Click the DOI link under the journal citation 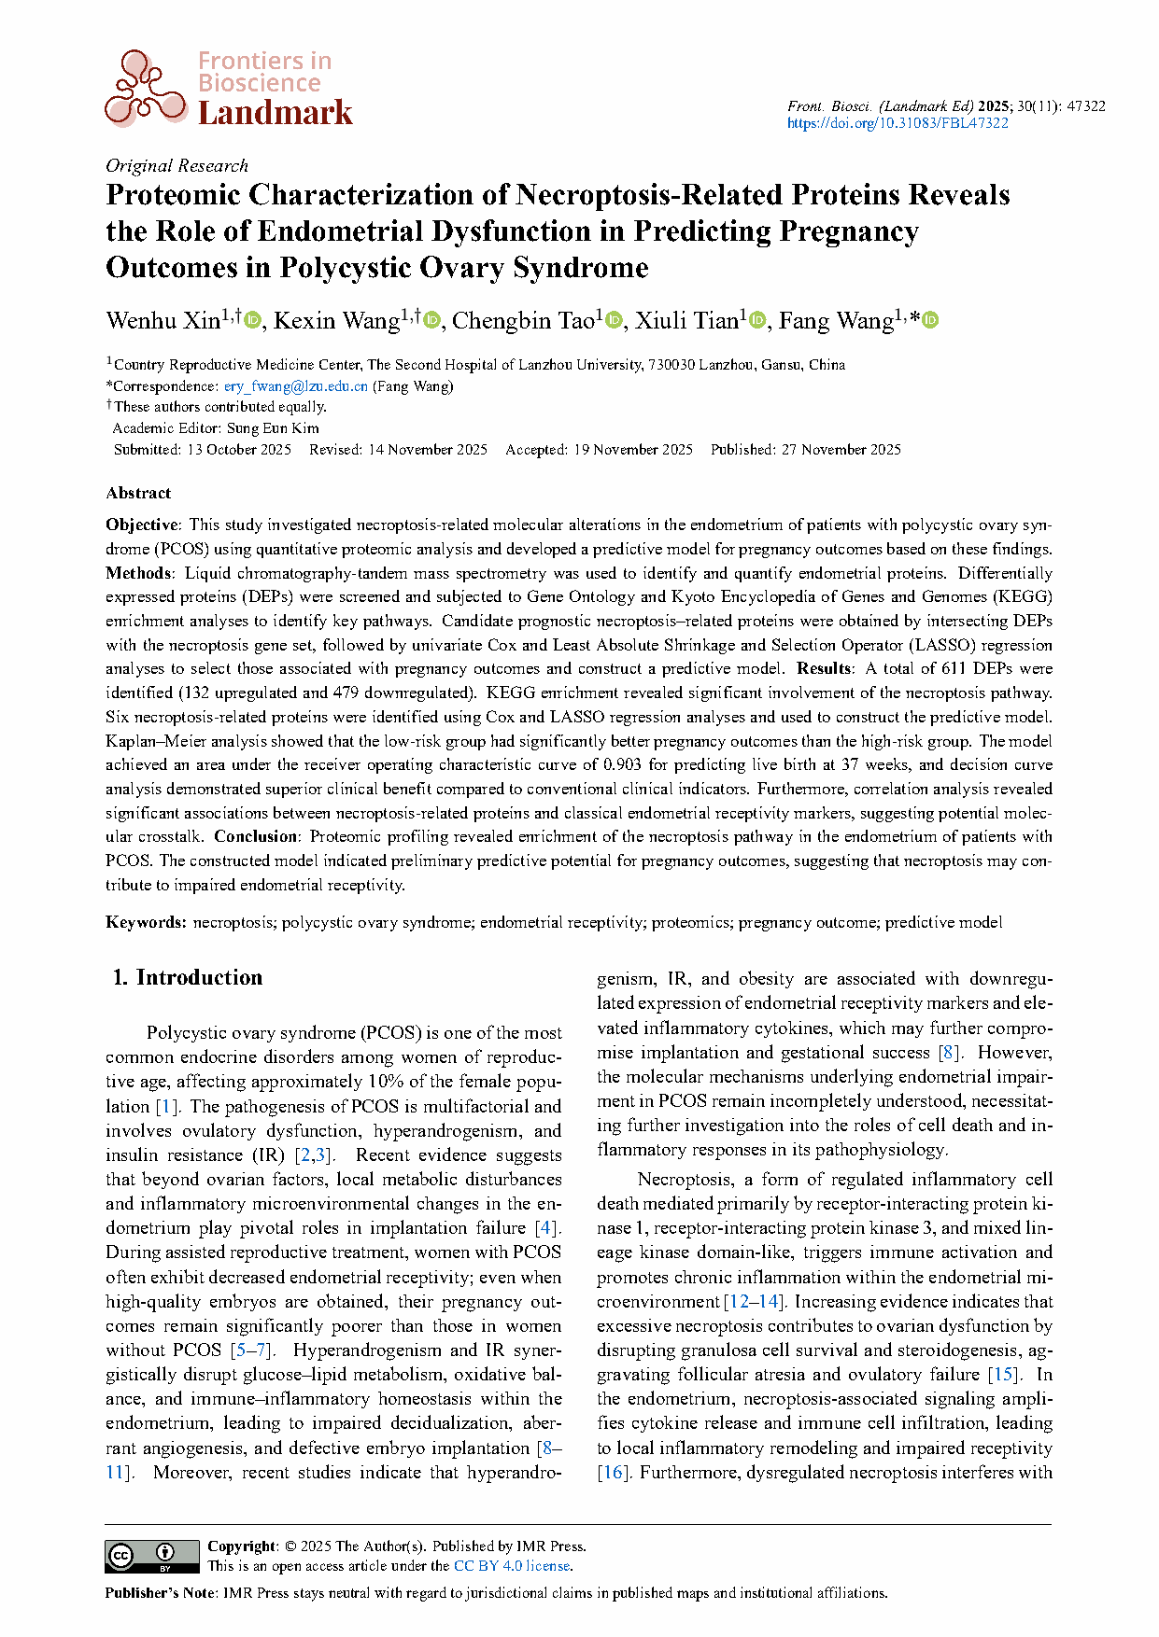pyautogui.click(x=898, y=123)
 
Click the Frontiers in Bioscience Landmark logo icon pyautogui.click(x=146, y=89)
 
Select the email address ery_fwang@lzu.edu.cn pyautogui.click(x=295, y=386)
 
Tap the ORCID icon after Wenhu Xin pyautogui.click(x=252, y=321)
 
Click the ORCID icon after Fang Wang pyautogui.click(x=930, y=321)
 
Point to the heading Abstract pyautogui.click(x=138, y=493)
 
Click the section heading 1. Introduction pyautogui.click(x=188, y=977)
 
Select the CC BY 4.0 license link pyautogui.click(x=512, y=1566)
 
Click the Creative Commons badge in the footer pyautogui.click(x=152, y=1556)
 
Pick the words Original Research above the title pyautogui.click(x=177, y=165)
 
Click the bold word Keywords pyautogui.click(x=146, y=922)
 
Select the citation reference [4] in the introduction pyautogui.click(x=546, y=1228)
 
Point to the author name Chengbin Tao pyautogui.click(x=523, y=321)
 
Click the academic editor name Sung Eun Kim pyautogui.click(x=273, y=428)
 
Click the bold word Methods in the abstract pyautogui.click(x=138, y=573)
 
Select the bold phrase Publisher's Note pyautogui.click(x=160, y=1593)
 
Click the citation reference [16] pyautogui.click(x=613, y=1473)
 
